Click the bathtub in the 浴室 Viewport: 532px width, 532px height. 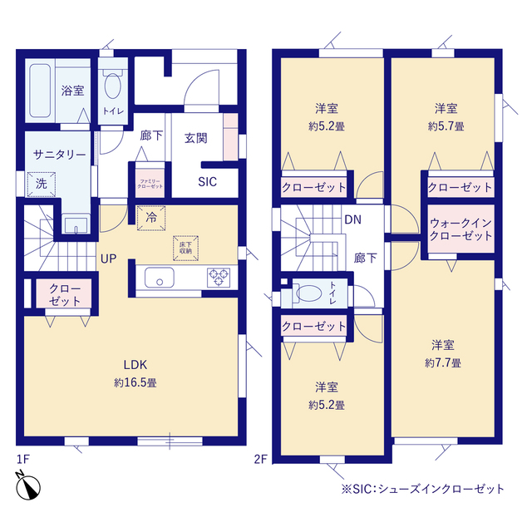coord(40,91)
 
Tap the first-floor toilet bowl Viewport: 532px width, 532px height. coord(113,86)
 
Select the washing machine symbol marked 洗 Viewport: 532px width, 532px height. coord(42,185)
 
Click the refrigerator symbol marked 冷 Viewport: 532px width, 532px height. coord(151,218)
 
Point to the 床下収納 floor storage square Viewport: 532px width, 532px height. coord(185,249)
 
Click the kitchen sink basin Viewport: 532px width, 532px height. coord(160,277)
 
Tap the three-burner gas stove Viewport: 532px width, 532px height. coord(219,278)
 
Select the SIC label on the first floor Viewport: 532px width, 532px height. coord(207,182)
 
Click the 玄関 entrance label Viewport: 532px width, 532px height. coord(196,138)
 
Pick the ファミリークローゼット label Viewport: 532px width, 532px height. coord(150,184)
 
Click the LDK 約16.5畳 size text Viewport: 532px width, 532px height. coord(135,382)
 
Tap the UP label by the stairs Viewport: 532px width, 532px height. coord(109,259)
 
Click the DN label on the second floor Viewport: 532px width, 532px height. coord(352,219)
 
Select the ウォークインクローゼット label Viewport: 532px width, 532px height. coord(461,229)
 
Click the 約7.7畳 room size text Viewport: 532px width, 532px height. coord(443,363)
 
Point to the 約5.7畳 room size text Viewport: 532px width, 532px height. coord(446,126)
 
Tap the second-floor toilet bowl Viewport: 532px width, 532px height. coord(308,293)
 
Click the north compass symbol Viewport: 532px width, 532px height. coord(27,485)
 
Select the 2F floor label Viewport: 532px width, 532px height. coord(260,460)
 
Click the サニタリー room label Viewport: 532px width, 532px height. coord(60,155)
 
